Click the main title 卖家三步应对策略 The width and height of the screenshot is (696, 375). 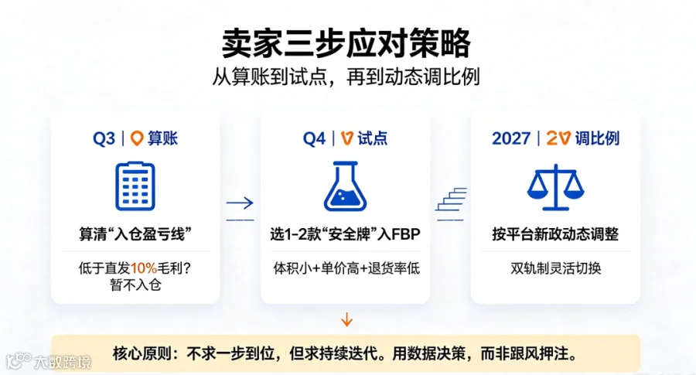[346, 43]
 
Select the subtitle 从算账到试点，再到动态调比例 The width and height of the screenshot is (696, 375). [346, 77]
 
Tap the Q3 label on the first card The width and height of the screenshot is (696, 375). [104, 139]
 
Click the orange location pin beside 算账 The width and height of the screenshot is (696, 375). [137, 138]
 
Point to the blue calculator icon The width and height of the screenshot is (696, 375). [135, 186]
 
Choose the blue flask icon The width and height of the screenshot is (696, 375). [346, 186]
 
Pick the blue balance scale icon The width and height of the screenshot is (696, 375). [555, 187]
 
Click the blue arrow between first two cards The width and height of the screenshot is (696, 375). [240, 203]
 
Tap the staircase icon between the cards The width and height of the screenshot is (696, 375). [451, 199]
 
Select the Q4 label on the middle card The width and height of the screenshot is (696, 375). [314, 139]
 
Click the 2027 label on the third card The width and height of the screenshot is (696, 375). [511, 138]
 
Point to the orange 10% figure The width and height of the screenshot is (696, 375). [143, 268]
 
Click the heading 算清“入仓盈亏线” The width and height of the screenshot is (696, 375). [135, 234]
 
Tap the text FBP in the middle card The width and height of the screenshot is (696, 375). [405, 234]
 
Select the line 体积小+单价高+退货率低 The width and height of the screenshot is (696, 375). [346, 268]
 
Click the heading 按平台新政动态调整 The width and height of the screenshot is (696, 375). [555, 234]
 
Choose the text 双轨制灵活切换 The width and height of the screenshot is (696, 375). [556, 268]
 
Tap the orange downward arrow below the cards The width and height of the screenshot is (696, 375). [346, 319]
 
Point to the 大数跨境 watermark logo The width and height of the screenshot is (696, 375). [49, 362]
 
